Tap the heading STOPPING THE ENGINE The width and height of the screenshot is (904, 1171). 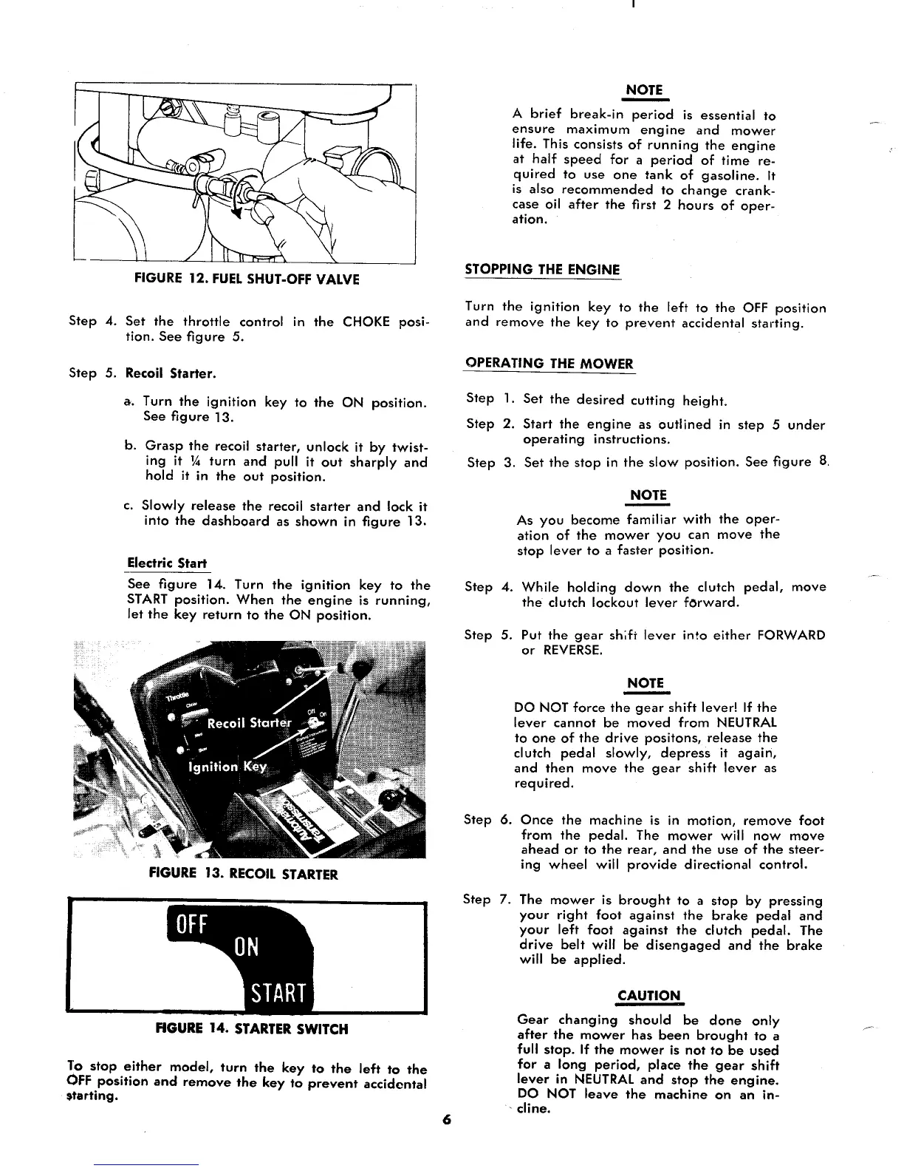542,269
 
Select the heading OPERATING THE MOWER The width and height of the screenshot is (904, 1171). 549,363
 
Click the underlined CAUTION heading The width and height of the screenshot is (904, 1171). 648,995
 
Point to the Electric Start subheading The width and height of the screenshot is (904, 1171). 167,563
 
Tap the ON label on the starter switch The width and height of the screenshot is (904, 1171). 247,947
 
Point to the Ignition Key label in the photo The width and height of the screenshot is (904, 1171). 227,767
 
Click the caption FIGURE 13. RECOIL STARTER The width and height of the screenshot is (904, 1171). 243,875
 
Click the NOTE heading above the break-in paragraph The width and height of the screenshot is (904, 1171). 644,89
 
